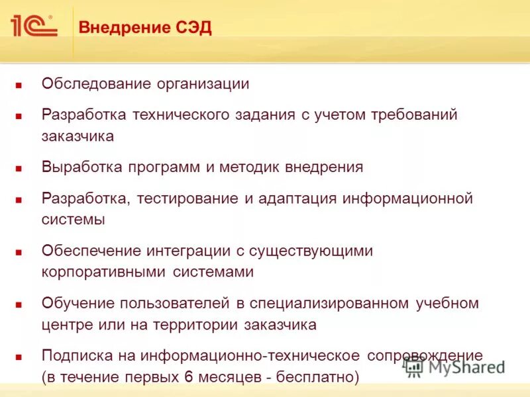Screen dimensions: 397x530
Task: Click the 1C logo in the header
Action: tap(33, 26)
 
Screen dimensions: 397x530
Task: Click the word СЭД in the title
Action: tap(194, 29)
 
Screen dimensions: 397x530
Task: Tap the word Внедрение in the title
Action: tap(125, 29)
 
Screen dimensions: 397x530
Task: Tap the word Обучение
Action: tap(78, 304)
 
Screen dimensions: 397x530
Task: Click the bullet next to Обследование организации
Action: tap(19, 85)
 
